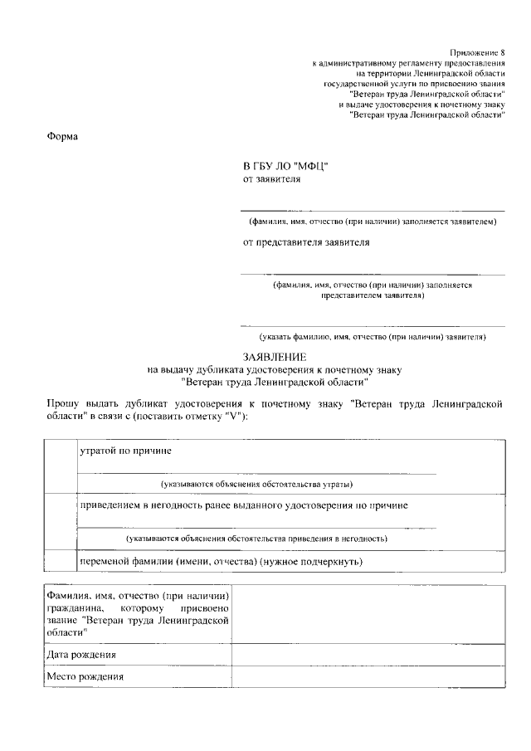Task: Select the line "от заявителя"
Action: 271,178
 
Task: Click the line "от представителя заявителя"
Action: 306,242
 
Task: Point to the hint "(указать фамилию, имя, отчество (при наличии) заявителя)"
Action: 373,337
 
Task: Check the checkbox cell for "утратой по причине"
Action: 60,466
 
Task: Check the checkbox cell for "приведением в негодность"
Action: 60,521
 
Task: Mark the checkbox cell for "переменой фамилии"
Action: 60,561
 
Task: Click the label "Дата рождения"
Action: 81,655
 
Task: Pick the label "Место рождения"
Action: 85,676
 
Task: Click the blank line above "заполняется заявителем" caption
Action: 373,209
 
